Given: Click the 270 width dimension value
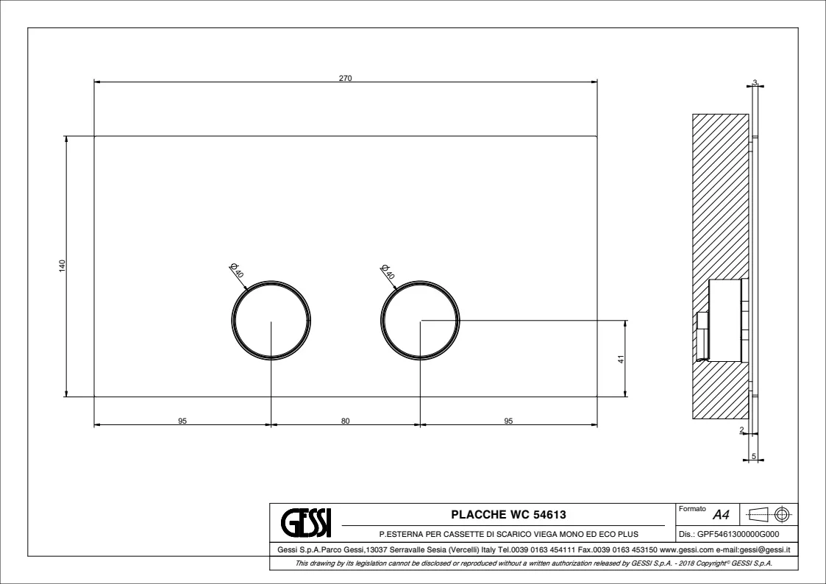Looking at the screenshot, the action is coord(345,79).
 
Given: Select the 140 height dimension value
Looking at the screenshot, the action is coord(63,266).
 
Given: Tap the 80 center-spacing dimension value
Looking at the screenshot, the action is coord(345,421).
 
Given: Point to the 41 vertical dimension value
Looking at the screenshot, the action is coord(621,359).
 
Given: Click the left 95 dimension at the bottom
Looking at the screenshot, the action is coord(182,421).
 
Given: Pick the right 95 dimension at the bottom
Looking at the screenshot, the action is coord(508,421).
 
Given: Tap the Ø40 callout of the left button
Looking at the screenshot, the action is coord(237,270).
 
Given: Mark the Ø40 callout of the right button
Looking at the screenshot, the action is coord(387,271).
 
